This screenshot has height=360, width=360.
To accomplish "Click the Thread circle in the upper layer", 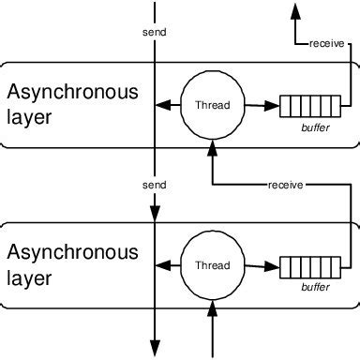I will click(x=212, y=106).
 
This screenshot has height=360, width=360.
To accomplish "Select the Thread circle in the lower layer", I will click(x=212, y=266).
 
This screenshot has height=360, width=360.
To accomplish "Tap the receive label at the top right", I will click(x=325, y=43).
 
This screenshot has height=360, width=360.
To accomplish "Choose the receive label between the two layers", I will click(x=284, y=185).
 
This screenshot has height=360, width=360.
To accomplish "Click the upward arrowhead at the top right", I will click(x=295, y=11).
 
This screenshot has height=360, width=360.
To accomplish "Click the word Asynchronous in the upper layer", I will click(x=72, y=92).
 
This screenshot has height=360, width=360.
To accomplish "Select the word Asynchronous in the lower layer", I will click(x=72, y=252).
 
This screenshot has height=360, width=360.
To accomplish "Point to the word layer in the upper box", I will click(x=27, y=118).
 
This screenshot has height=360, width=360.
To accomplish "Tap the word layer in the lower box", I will click(x=27, y=278).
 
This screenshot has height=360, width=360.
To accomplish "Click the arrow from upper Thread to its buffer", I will click(x=262, y=107).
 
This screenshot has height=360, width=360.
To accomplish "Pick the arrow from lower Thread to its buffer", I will click(x=262, y=267).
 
